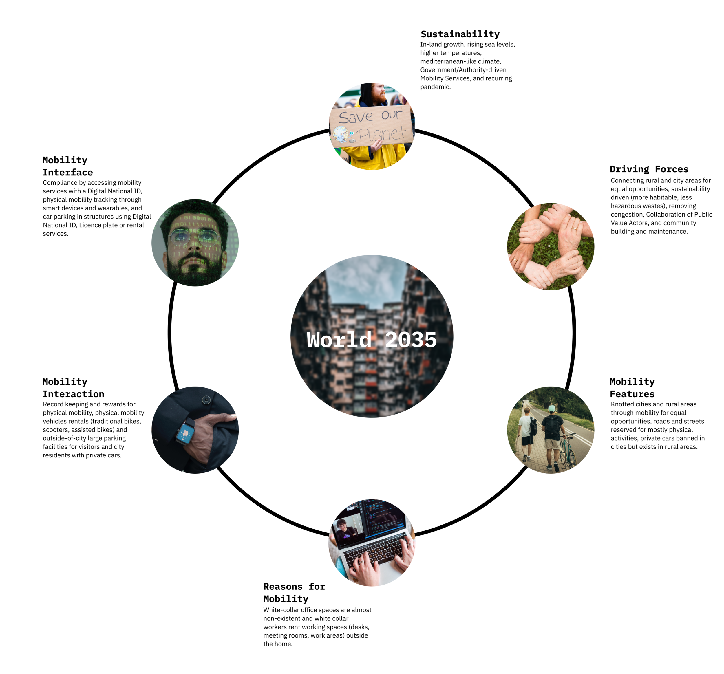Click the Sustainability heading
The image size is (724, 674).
coord(460,34)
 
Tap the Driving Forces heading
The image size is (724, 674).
coord(649,169)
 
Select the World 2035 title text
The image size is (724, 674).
coord(372,339)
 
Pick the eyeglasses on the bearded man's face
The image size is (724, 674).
coord(195,237)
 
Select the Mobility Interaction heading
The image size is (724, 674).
coord(73,387)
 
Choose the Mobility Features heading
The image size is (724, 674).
coord(632,387)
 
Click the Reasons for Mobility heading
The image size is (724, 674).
coord(294,592)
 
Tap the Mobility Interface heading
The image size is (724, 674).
coord(67,166)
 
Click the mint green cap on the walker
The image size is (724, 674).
coord(552,409)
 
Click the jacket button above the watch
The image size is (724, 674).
coord(206,400)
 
